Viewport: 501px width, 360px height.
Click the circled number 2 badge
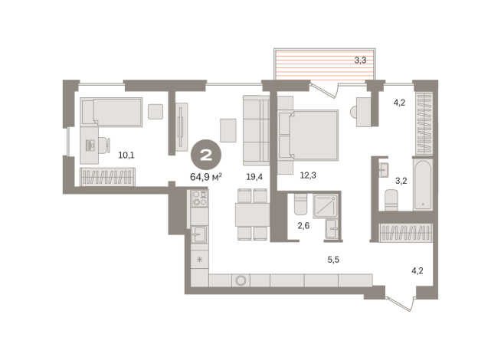[206, 155]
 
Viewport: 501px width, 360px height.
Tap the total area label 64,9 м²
[206, 177]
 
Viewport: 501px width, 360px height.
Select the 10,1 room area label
[126, 155]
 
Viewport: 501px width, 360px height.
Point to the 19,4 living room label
[254, 176]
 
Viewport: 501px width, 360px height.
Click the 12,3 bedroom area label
[308, 175]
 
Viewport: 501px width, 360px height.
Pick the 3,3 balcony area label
[360, 60]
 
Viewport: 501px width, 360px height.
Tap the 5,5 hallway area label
[333, 260]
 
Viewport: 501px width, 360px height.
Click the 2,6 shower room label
[303, 225]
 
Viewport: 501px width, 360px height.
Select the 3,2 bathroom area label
[401, 181]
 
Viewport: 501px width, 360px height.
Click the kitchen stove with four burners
[200, 198]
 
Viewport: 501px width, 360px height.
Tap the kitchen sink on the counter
[199, 234]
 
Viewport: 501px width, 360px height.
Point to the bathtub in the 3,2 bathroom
[422, 185]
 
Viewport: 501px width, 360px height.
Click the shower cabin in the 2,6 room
[326, 206]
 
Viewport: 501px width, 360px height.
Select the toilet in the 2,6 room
[300, 204]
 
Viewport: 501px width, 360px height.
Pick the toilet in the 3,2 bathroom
[391, 200]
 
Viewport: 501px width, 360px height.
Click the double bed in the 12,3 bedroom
[308, 135]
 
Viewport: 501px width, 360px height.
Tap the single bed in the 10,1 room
[111, 112]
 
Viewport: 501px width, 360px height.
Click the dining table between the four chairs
[253, 214]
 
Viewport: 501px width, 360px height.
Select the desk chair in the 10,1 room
[104, 146]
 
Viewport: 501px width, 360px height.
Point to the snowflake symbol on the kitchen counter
[199, 260]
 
